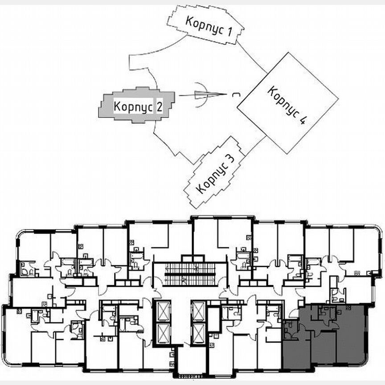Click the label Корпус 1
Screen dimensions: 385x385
click(x=209, y=25)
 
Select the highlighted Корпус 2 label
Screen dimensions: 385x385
click(x=137, y=107)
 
